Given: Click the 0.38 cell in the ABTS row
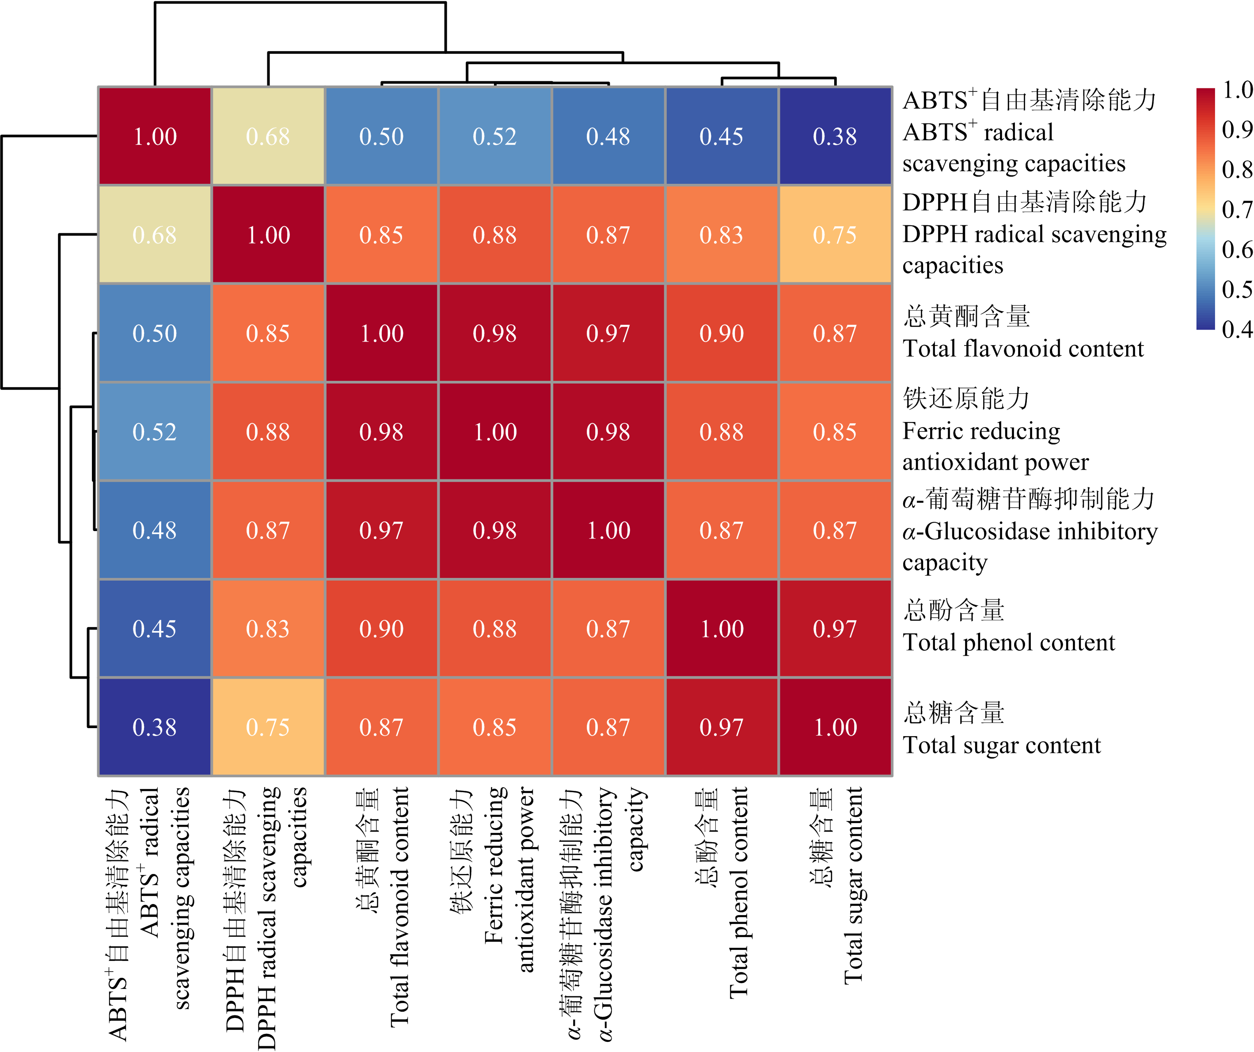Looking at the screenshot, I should coord(835,136).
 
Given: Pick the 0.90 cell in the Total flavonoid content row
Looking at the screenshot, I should coord(722,333).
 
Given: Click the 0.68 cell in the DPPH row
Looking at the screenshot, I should coord(155,235).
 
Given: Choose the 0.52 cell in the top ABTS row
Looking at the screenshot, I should coord(494,136).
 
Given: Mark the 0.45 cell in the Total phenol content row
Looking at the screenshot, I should coord(155,628).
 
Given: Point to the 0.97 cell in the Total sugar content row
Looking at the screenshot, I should coord(722,727).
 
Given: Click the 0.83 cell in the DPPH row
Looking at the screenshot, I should coord(722,235).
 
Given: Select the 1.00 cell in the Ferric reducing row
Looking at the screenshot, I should coord(494,432).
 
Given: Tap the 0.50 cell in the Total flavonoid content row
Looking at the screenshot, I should coord(155,333).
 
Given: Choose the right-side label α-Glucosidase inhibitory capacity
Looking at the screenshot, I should coord(1029,530).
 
